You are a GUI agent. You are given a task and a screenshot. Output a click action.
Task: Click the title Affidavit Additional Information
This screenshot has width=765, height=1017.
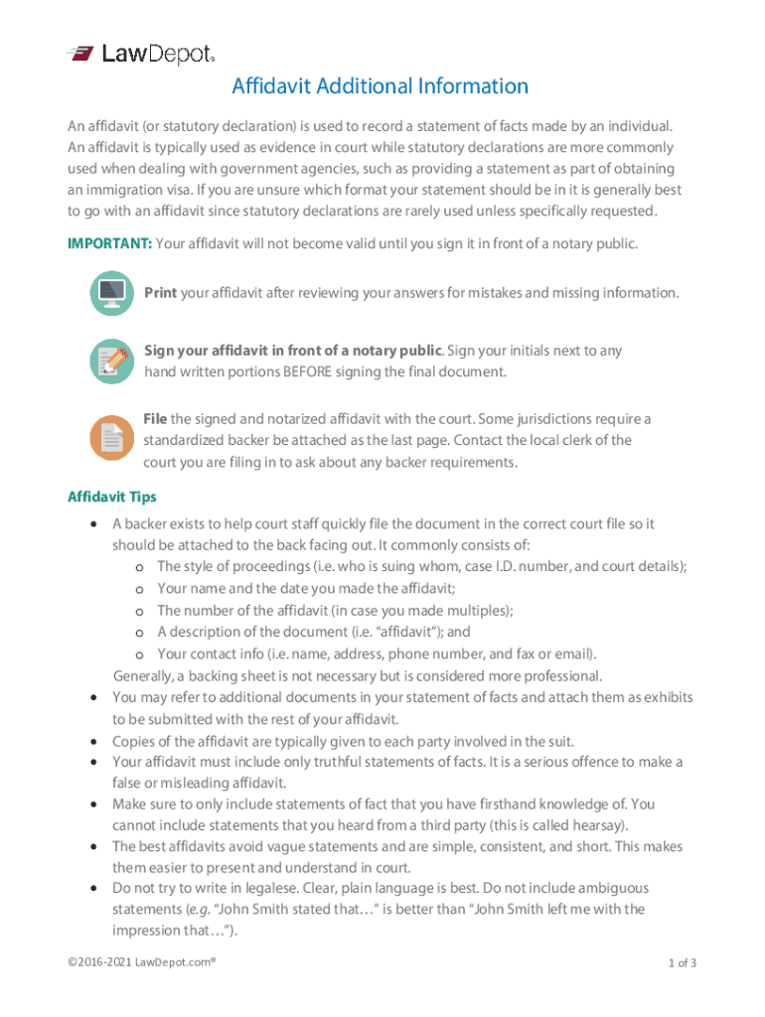381,86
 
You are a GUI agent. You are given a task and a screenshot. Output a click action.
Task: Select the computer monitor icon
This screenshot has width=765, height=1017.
111,293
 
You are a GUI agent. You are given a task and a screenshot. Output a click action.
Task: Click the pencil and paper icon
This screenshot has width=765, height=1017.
111,362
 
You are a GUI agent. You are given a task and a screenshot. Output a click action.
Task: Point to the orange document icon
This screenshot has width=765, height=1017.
111,438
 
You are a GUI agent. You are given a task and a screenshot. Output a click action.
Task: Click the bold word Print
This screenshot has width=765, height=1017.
161,293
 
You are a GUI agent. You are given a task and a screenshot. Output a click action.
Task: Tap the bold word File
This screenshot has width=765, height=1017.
155,419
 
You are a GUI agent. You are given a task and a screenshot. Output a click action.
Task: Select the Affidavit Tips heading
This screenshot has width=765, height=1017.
111,497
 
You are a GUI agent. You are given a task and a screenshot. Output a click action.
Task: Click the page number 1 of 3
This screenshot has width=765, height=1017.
683,962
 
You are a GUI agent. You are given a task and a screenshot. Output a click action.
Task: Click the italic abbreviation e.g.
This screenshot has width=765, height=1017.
206,909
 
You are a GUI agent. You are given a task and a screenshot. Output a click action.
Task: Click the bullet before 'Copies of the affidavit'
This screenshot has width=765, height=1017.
93,742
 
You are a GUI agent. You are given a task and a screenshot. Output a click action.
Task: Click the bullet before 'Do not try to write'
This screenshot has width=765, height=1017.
93,888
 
